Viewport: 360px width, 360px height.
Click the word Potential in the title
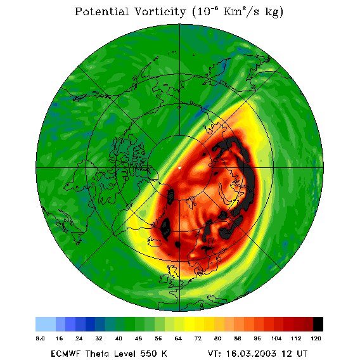[101, 11]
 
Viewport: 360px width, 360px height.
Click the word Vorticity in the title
[160, 11]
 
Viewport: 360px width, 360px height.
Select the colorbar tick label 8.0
[40, 338]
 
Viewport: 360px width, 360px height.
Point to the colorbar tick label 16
[59, 338]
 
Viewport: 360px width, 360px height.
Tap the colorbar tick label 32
[99, 338]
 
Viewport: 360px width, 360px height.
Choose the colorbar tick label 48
[138, 338]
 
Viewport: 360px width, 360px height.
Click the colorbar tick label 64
[178, 338]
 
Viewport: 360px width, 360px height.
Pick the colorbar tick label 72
[198, 338]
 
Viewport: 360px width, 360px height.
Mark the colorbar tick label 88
[238, 338]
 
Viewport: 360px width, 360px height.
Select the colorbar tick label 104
[276, 338]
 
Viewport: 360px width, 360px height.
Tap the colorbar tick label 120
[316, 338]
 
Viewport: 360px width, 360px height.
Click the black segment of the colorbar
[318, 324]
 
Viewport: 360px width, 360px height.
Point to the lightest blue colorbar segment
[46, 324]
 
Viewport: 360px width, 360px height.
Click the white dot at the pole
[179, 168]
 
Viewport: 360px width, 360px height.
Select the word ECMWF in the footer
[65, 354]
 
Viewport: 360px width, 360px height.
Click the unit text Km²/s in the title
[241, 11]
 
